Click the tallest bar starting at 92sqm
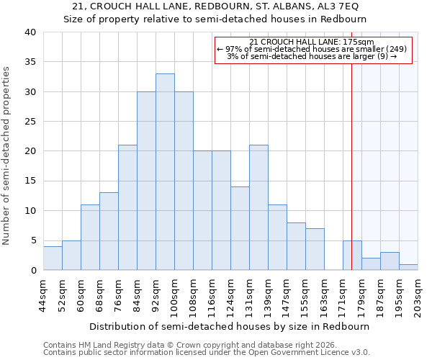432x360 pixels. (x=165, y=172)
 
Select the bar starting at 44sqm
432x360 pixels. (x=53, y=258)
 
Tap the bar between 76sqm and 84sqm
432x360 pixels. (x=127, y=207)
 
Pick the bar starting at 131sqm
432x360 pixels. (x=258, y=207)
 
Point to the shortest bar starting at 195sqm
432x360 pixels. (x=408, y=267)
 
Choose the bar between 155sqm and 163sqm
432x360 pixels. (x=315, y=249)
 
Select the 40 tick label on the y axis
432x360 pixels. (x=30, y=32)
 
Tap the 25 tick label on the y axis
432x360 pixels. (x=30, y=122)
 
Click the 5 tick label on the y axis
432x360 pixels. (x=32, y=240)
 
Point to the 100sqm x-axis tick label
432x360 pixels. (x=174, y=296)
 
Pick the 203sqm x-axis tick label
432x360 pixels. (x=418, y=296)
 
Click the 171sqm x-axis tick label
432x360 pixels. (x=343, y=296)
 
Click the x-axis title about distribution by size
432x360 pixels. (x=230, y=326)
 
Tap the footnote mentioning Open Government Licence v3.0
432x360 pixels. (x=207, y=353)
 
